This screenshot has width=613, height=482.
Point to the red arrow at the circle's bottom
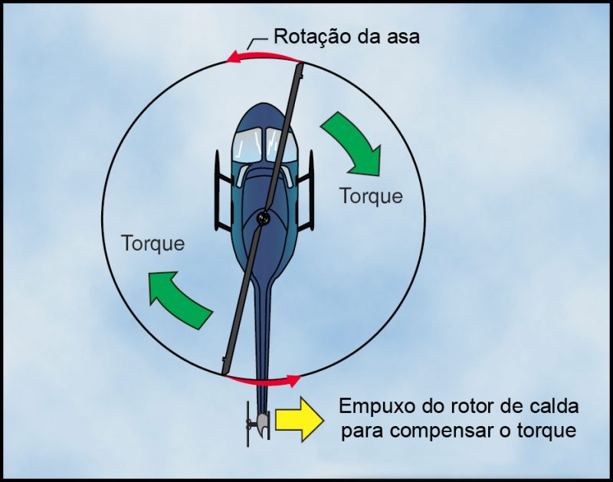(x=265, y=379)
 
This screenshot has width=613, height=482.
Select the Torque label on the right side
(x=372, y=195)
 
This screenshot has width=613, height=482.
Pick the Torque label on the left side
(x=153, y=243)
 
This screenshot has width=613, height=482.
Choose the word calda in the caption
(x=554, y=406)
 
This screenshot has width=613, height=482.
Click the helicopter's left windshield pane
(x=247, y=143)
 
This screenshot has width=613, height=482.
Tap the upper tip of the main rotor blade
(x=300, y=70)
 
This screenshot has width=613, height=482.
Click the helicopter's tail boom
(x=264, y=345)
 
